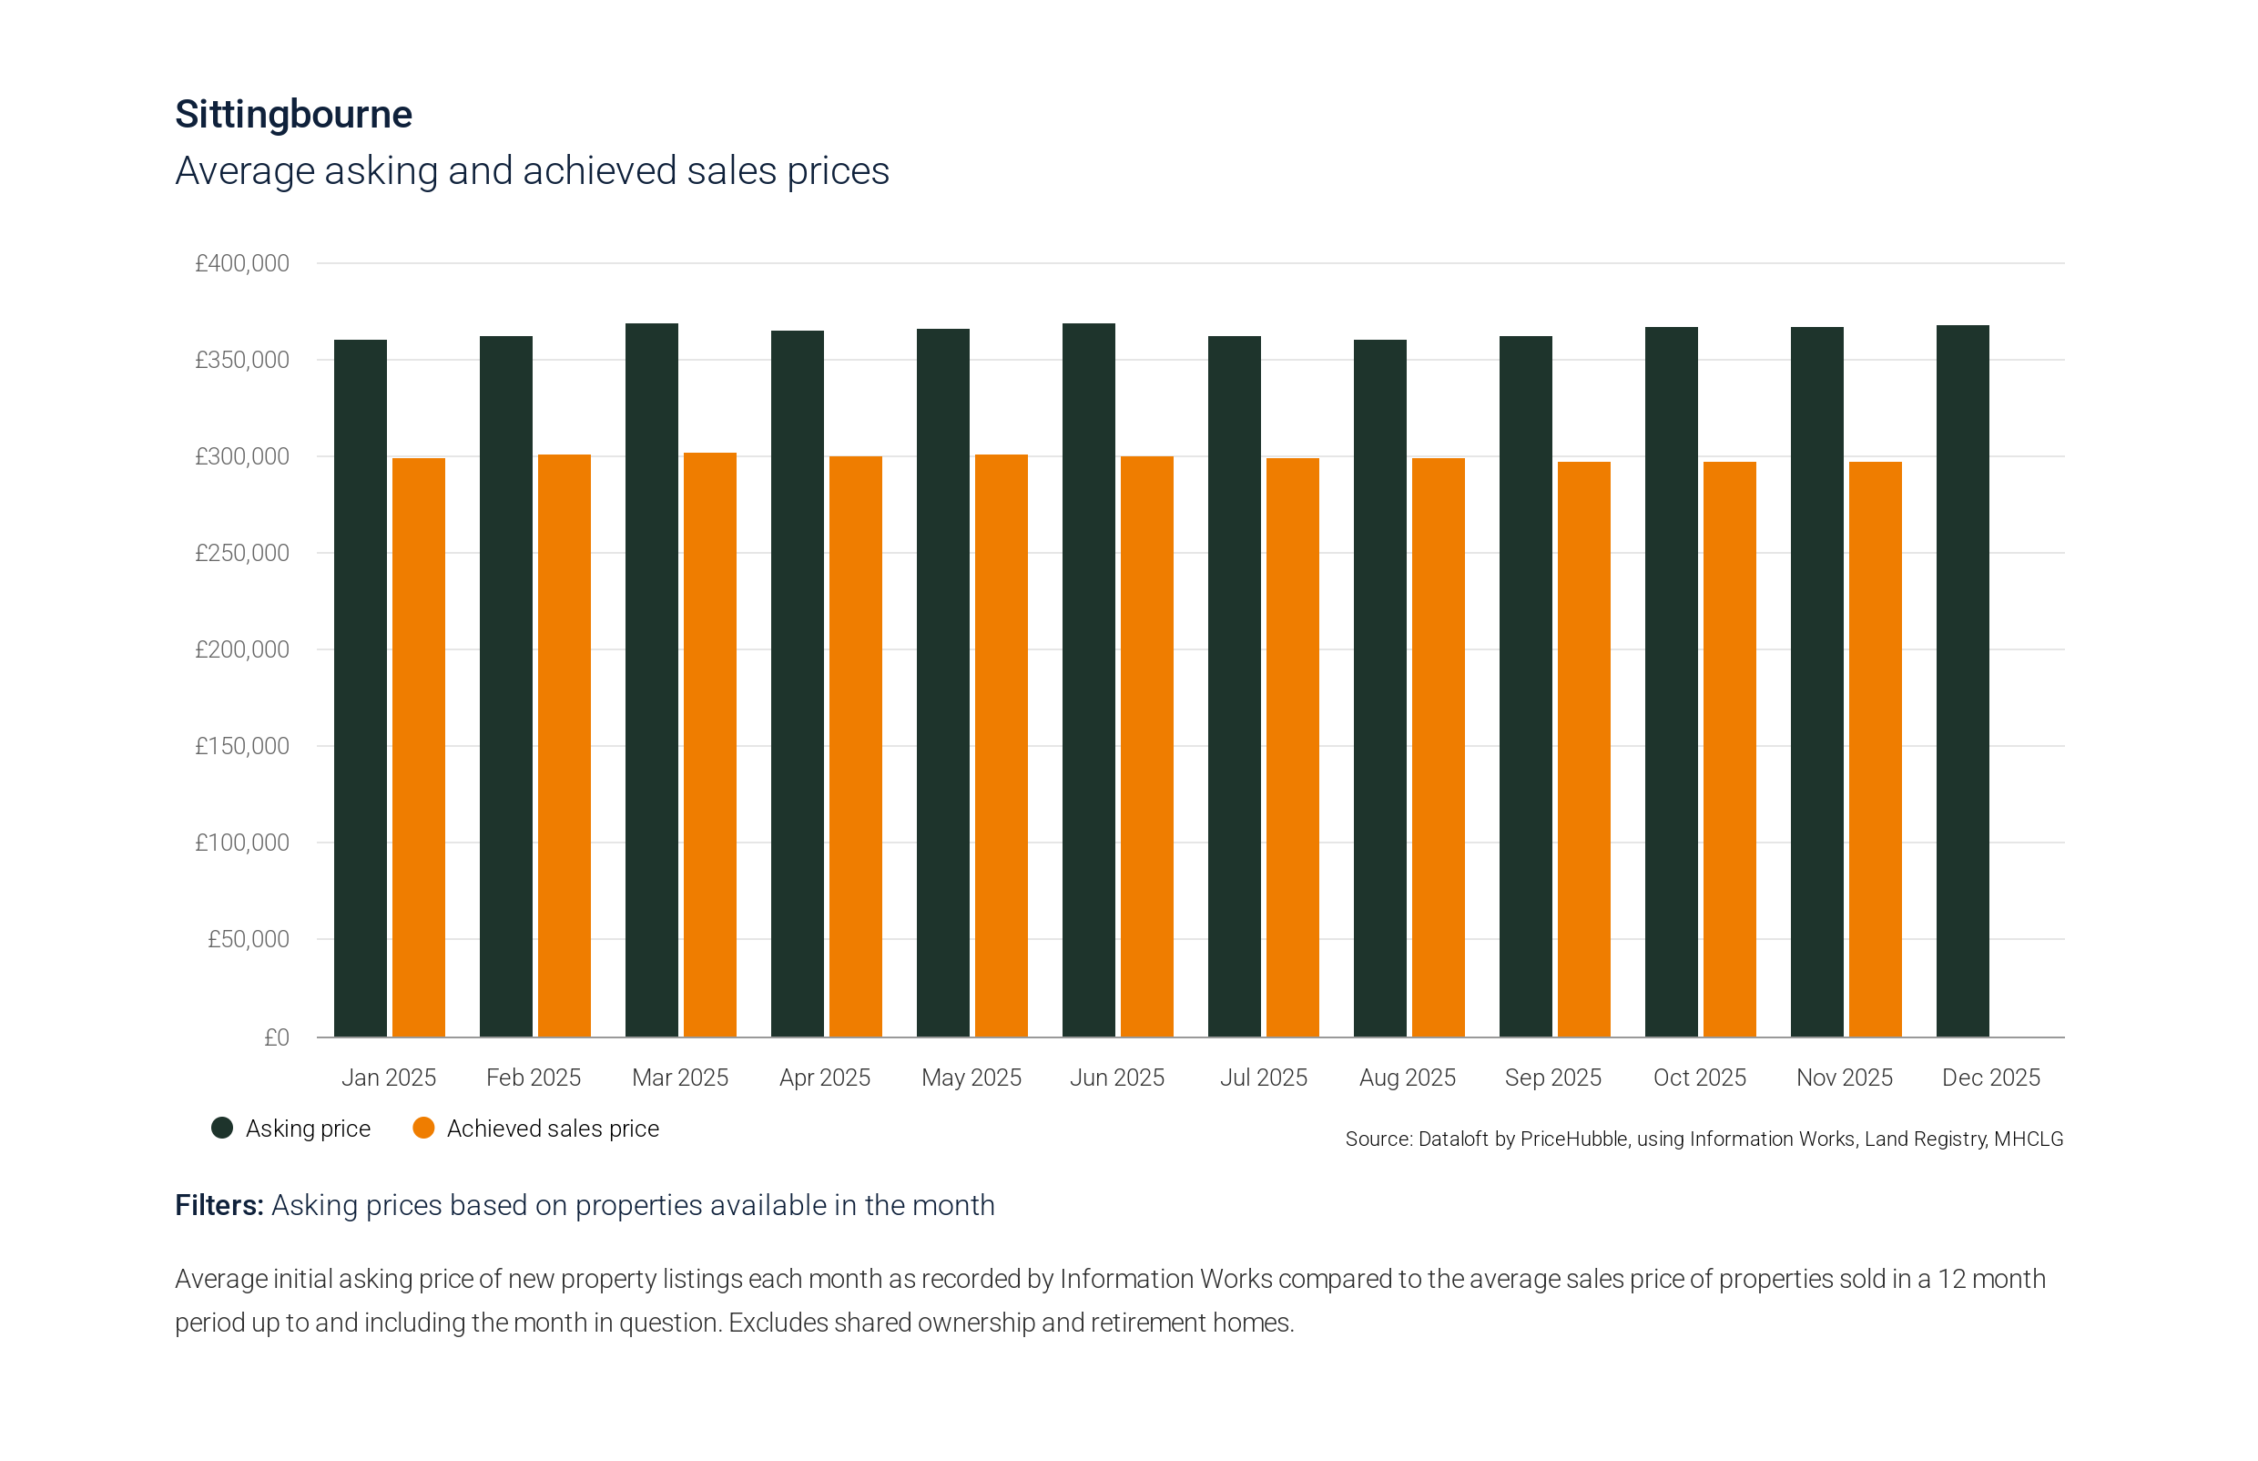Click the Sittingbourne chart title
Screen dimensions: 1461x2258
[x=293, y=115]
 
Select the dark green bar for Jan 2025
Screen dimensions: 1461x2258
[x=361, y=688]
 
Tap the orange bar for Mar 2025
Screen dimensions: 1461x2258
[x=709, y=745]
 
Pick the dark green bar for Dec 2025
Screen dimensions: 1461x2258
[x=1962, y=681]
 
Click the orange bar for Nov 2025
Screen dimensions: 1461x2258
[x=1875, y=750]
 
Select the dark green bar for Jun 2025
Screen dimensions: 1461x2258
[x=1089, y=680]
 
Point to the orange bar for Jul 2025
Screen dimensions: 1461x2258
[x=1293, y=748]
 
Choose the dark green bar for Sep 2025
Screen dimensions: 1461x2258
[x=1526, y=686]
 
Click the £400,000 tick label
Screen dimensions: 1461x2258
[x=242, y=264]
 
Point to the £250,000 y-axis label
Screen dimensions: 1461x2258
[x=242, y=553]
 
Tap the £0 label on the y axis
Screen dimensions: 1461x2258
[x=276, y=1037]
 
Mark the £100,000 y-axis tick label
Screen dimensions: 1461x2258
[x=242, y=843]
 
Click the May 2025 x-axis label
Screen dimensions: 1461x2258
[x=971, y=1078]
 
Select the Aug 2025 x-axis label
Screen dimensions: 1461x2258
[x=1408, y=1078]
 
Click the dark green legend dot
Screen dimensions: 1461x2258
[x=222, y=1127]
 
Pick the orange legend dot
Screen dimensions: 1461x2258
[x=424, y=1127]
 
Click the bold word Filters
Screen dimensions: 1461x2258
[x=219, y=1205]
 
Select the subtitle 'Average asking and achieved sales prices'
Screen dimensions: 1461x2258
[x=532, y=170]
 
